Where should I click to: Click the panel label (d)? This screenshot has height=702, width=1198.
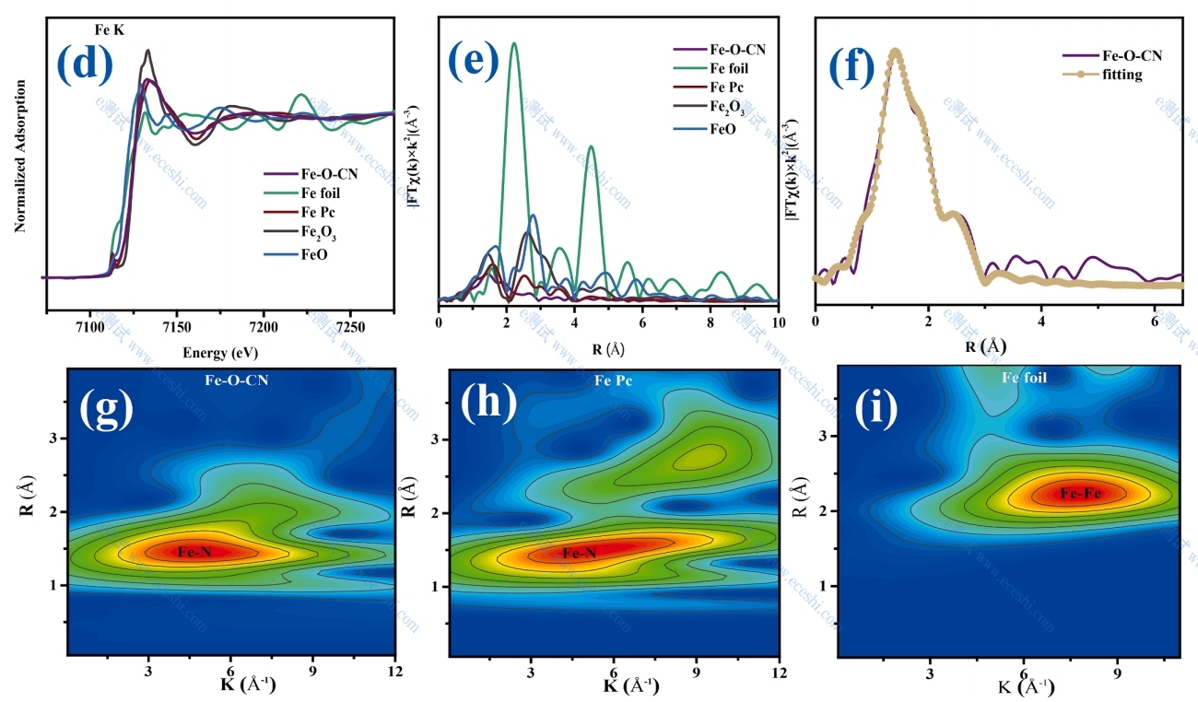click(84, 64)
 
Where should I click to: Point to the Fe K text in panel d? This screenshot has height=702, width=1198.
click(109, 30)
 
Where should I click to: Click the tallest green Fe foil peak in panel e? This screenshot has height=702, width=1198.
click(513, 44)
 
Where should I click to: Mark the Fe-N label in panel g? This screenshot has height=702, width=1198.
click(194, 552)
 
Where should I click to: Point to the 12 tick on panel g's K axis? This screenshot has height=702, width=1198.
click(396, 672)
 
